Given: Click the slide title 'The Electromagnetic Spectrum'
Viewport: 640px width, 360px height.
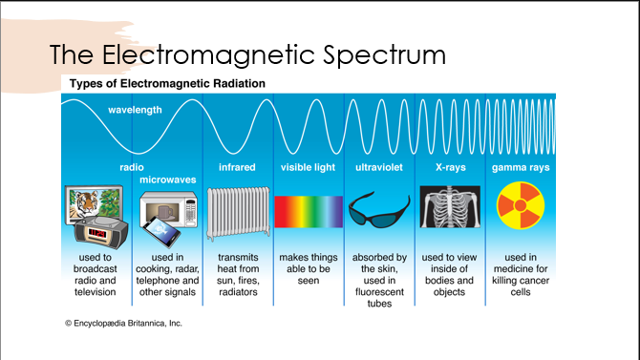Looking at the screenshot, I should [x=247, y=54].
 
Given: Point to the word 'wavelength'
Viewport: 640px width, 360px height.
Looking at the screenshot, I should [x=135, y=110].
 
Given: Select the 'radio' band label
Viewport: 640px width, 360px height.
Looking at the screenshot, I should [x=132, y=167].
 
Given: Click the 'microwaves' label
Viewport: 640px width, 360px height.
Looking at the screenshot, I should [x=169, y=180].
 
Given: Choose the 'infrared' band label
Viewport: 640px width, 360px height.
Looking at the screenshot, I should [x=237, y=167].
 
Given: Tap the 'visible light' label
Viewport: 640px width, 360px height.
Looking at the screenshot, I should [x=308, y=167].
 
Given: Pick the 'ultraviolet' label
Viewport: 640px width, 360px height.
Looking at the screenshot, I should [x=378, y=167].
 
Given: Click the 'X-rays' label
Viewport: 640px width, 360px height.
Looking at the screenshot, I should [x=450, y=167].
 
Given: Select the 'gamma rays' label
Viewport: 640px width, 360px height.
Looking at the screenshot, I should [x=520, y=167].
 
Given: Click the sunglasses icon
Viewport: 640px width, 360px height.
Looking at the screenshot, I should [x=378, y=211].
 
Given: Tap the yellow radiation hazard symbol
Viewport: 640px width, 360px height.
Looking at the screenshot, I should [x=520, y=206].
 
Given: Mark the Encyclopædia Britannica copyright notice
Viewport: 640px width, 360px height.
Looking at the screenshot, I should [x=123, y=324].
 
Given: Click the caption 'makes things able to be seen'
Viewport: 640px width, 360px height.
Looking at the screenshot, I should [x=308, y=269].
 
